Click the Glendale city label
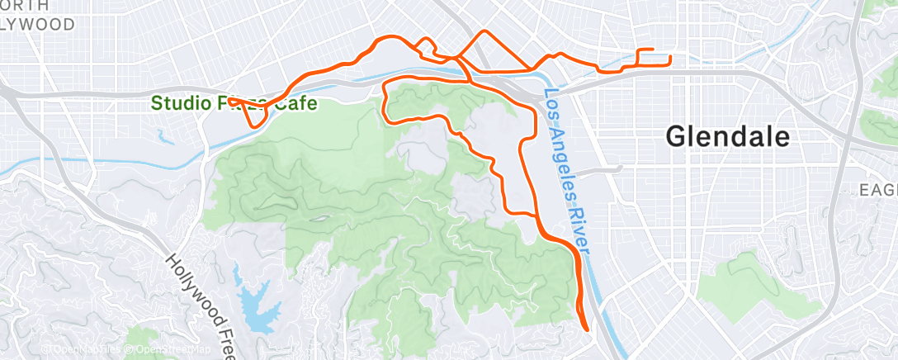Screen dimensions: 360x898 727,137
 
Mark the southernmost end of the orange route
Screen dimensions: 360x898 588,329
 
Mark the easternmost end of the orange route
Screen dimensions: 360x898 669,58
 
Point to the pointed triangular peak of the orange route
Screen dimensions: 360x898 484,32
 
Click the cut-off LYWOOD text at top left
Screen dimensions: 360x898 36,23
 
